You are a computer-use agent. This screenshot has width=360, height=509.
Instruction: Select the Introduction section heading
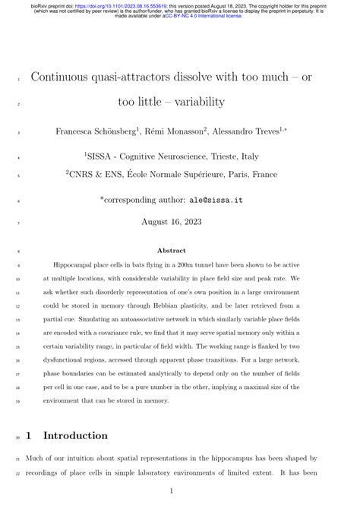(75, 435)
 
